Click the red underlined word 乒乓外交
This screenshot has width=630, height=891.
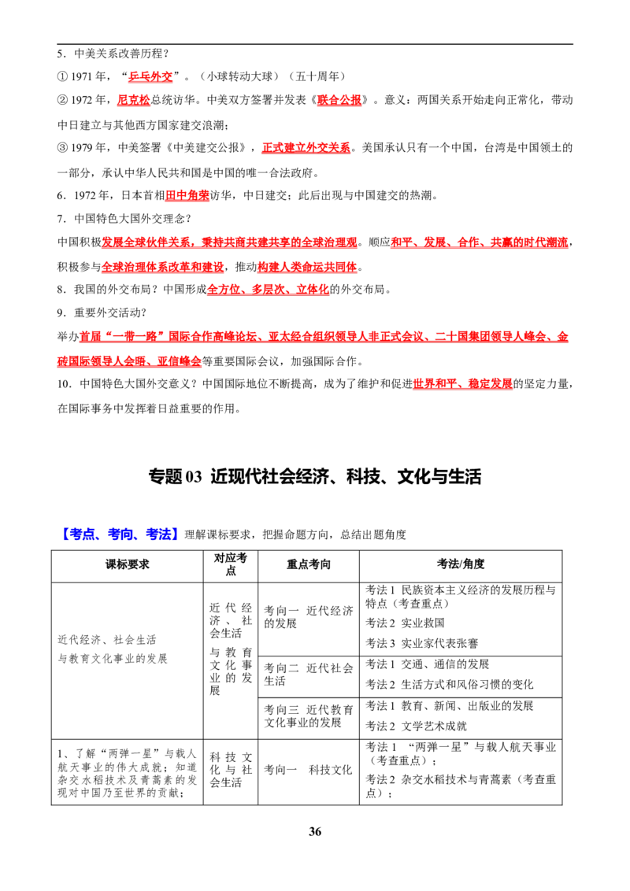150,76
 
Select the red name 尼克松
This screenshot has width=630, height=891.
134,100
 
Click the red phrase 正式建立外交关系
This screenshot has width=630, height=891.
306,148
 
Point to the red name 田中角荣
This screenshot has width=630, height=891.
187,195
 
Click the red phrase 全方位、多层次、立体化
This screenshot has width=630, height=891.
268,289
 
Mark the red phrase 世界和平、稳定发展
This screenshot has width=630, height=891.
463,384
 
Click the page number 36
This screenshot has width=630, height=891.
315,831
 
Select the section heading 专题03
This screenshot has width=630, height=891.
175,476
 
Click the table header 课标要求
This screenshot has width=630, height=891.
128,564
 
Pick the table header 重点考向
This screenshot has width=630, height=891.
308,564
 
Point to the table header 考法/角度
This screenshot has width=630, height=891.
461,564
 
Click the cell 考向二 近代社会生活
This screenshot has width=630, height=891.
309,675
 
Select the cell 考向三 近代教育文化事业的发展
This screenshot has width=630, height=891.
309,716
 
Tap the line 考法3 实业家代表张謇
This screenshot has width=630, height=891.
422,643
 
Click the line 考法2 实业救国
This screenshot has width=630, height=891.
405,623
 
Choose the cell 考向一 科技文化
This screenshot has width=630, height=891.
308,770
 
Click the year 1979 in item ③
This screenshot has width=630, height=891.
82,148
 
